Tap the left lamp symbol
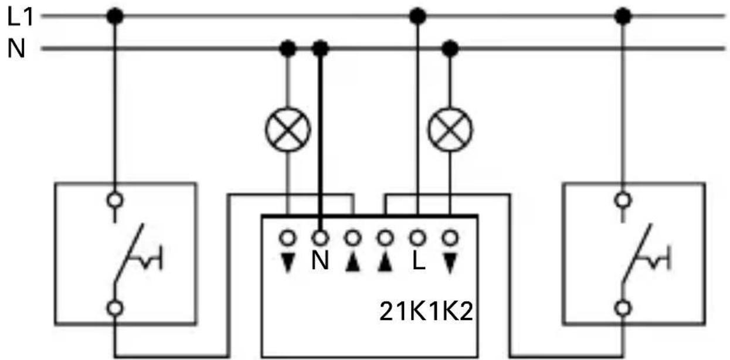(287, 128)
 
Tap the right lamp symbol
(450, 128)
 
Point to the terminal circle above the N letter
(320, 238)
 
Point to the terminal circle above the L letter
(417, 238)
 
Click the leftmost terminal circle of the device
(287, 238)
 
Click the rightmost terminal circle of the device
(450, 238)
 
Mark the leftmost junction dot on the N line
(287, 48)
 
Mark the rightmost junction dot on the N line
(450, 48)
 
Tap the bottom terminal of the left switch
(115, 307)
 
